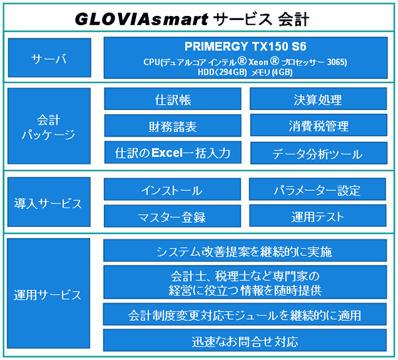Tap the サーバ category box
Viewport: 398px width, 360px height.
coord(48,59)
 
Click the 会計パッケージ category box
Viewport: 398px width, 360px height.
coord(48,126)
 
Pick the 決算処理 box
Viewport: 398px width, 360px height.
coord(318,100)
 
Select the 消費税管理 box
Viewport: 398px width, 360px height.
coord(318,126)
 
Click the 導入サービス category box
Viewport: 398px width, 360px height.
coord(48,203)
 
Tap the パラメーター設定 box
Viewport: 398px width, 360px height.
coord(318,190)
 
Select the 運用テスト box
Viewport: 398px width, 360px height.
coord(318,216)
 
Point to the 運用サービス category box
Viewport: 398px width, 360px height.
coord(48,294)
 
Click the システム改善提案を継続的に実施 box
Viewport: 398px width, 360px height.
coord(245,251)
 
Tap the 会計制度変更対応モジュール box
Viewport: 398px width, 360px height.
coord(245,314)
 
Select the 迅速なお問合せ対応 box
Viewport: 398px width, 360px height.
coord(245,341)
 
